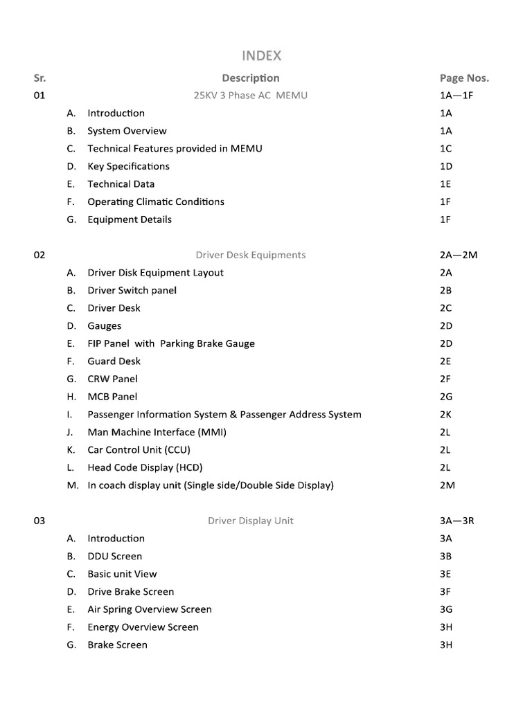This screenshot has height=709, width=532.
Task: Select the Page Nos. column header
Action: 464,78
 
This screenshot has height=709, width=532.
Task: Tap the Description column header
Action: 251,78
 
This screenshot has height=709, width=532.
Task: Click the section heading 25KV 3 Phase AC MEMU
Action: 251,96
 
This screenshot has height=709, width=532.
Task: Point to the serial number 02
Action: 39,255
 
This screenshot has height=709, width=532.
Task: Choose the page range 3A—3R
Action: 456,521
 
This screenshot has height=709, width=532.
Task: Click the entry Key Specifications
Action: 128,166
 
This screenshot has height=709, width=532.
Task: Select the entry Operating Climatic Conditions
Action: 156,201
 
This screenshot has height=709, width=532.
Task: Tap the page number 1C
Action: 446,148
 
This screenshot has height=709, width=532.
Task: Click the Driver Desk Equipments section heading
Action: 251,255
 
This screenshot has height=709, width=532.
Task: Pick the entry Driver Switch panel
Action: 132,290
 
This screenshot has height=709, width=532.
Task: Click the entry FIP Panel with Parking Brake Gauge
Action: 171,343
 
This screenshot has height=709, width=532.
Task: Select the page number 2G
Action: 447,397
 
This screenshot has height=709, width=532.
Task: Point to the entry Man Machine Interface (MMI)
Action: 157,432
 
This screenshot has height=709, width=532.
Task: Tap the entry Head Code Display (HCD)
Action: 145,467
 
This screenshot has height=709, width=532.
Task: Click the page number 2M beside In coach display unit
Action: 447,485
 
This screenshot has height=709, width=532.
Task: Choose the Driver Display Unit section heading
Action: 251,521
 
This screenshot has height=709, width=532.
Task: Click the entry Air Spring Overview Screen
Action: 150,609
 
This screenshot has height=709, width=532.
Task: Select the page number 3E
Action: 446,574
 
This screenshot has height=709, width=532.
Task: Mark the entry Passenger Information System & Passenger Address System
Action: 224,414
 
